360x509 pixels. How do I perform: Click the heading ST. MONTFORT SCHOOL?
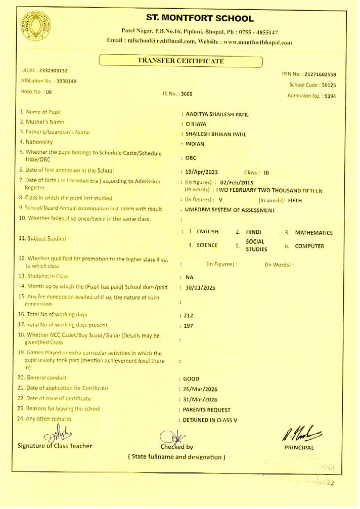200,19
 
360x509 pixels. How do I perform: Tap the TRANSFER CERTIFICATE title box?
181,61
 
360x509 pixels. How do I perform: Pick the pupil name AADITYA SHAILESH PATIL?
217,115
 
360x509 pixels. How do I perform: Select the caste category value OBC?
191,158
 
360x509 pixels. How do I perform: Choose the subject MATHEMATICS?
313,233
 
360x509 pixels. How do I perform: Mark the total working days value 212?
188,316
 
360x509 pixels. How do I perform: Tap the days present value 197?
188,326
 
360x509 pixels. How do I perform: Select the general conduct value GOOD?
191,378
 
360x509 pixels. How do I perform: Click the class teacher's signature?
52,434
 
